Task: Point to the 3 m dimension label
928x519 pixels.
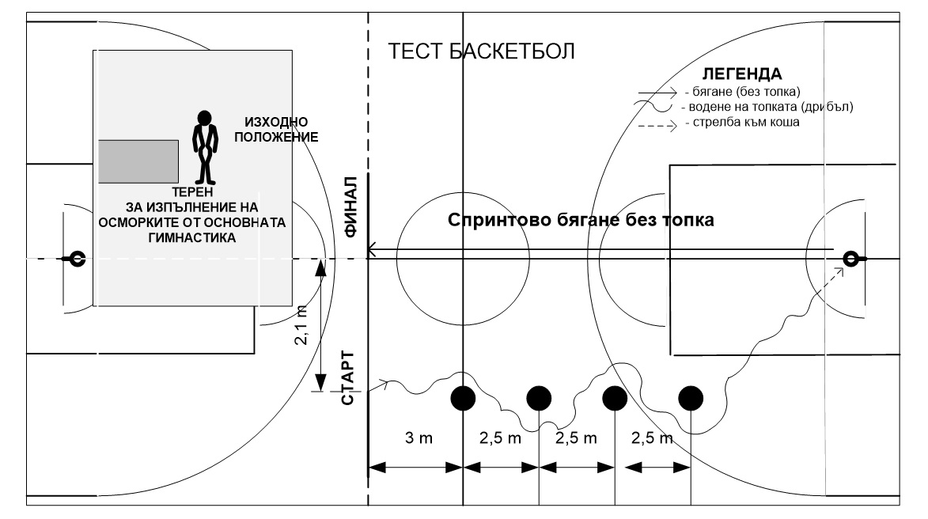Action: click(414, 439)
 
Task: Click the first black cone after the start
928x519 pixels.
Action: click(463, 398)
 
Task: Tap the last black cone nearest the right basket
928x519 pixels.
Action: click(691, 398)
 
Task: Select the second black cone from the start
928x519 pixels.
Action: click(539, 398)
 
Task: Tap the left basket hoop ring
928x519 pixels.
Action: click(78, 258)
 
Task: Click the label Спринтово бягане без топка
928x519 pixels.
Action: click(581, 221)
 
